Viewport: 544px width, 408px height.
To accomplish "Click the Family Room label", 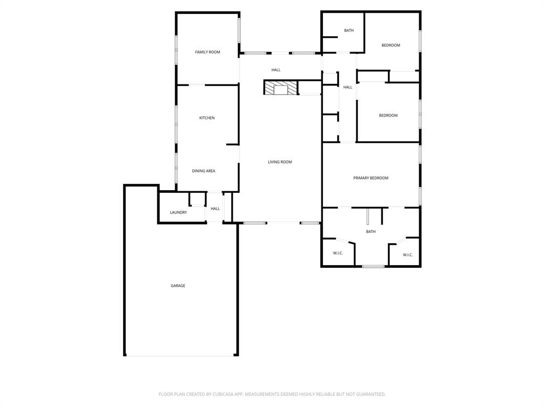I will pyautogui.click(x=207, y=52).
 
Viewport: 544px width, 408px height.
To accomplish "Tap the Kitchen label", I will pyautogui.click(x=207, y=118).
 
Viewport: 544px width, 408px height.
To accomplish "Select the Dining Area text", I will pyautogui.click(x=203, y=171).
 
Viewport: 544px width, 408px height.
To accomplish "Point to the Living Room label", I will pyautogui.click(x=279, y=162).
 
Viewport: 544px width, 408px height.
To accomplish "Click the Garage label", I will pyautogui.click(x=178, y=286).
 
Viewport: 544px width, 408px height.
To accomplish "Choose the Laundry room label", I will pyautogui.click(x=178, y=212).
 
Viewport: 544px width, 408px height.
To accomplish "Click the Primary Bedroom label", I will pyautogui.click(x=371, y=178).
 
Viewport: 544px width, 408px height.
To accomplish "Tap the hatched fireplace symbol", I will pyautogui.click(x=280, y=88).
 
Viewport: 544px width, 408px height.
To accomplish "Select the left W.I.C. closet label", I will pyautogui.click(x=338, y=253).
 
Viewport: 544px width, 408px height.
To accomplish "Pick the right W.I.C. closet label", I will pyautogui.click(x=407, y=255).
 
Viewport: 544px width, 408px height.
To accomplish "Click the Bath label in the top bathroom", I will pyautogui.click(x=348, y=30).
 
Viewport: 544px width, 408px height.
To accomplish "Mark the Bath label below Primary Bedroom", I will pyautogui.click(x=371, y=232).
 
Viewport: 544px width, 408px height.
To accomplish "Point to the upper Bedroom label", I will pyautogui.click(x=390, y=45).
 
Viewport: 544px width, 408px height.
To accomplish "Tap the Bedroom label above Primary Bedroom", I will pyautogui.click(x=388, y=115).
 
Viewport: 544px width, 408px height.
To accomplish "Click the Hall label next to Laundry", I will pyautogui.click(x=215, y=209).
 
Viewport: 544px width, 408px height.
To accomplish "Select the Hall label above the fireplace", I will pyautogui.click(x=276, y=70).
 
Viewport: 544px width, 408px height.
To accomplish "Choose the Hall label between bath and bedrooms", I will pyautogui.click(x=347, y=87).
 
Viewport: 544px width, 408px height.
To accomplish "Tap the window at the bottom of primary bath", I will pyautogui.click(x=373, y=266).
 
